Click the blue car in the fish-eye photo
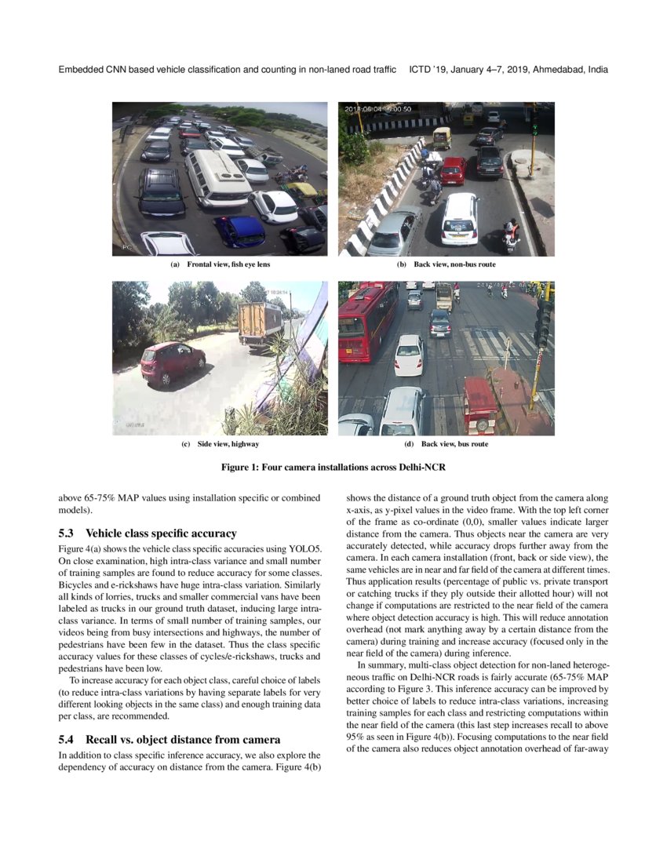pyautogui.click(x=239, y=230)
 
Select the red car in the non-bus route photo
pyautogui.click(x=453, y=170)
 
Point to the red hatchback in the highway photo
pyautogui.click(x=172, y=362)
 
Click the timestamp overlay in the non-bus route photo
pyautogui.click(x=378, y=109)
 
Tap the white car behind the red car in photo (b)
pyautogui.click(x=460, y=218)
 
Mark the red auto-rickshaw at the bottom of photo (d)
pyautogui.click(x=480, y=404)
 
